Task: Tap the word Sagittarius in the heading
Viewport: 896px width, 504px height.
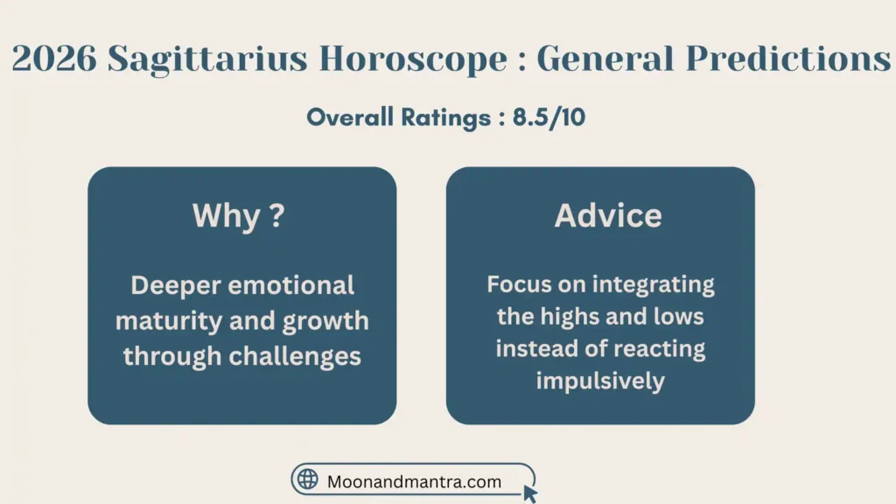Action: pyautogui.click(x=206, y=59)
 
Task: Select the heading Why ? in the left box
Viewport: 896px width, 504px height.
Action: pyautogui.click(x=238, y=216)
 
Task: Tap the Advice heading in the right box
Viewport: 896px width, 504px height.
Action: pyautogui.click(x=608, y=216)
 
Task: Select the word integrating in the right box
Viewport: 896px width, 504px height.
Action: pyautogui.click(x=653, y=284)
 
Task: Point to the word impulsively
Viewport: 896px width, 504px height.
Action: pyautogui.click(x=600, y=381)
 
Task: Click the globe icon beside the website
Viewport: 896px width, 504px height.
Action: pyautogui.click(x=308, y=479)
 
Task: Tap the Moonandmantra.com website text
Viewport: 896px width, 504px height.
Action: pyautogui.click(x=414, y=481)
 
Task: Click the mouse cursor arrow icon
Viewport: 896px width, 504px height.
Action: pyautogui.click(x=529, y=493)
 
